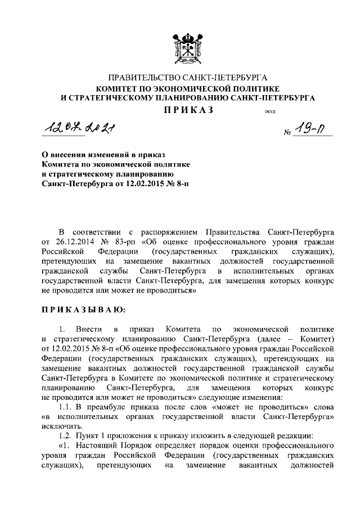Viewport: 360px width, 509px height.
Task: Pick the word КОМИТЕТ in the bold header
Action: [x=119, y=88]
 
